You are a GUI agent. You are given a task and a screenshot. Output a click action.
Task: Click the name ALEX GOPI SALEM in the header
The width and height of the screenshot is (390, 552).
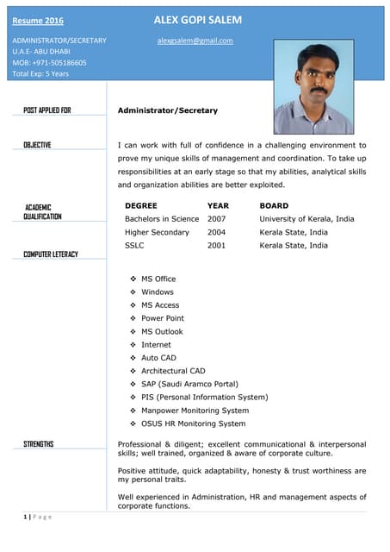click(x=197, y=20)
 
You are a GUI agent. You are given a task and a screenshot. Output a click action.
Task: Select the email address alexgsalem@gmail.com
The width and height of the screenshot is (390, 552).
click(x=195, y=41)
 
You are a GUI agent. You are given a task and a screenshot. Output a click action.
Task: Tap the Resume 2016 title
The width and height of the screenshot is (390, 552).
click(x=37, y=21)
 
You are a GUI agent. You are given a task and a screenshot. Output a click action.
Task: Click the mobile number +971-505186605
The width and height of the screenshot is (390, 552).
click(x=49, y=63)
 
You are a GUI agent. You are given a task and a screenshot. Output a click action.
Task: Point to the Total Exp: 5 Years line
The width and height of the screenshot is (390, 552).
click(x=40, y=74)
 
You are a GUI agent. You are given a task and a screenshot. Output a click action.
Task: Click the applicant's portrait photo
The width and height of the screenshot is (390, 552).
click(x=313, y=88)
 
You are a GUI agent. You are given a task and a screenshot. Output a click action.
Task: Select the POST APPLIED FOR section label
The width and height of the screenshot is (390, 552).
click(x=47, y=110)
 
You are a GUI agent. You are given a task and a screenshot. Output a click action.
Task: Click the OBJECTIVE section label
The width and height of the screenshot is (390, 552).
click(x=37, y=145)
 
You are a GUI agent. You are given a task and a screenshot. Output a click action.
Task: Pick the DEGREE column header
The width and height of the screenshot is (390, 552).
click(x=140, y=206)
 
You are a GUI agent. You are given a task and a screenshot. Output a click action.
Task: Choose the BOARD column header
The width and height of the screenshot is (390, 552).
click(x=274, y=206)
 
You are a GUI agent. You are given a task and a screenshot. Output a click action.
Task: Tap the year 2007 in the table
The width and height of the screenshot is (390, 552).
click(x=217, y=219)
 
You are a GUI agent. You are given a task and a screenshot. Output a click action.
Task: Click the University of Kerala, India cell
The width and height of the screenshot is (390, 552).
click(x=306, y=219)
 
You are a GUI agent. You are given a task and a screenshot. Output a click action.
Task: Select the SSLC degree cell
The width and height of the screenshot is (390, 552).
click(x=134, y=245)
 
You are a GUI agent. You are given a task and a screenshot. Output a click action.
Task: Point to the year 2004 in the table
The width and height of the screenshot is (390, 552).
click(x=217, y=232)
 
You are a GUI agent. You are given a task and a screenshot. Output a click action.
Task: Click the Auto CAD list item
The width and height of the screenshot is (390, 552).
click(x=158, y=358)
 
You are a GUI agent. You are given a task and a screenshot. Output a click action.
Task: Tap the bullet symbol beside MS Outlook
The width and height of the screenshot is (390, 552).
click(x=133, y=332)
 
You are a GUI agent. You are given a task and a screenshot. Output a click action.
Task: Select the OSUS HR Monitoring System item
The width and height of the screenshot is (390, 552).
click(x=193, y=423)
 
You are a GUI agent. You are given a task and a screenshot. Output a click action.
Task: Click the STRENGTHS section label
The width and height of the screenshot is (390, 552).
click(x=38, y=444)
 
